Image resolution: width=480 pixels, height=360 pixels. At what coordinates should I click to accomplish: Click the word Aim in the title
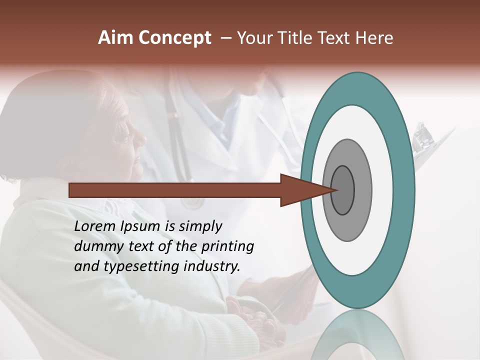click(115, 38)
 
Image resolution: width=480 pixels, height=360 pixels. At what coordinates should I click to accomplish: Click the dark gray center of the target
click(342, 189)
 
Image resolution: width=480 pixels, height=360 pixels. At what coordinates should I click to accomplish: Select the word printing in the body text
click(227, 246)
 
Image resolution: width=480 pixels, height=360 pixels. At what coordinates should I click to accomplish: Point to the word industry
click(212, 266)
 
